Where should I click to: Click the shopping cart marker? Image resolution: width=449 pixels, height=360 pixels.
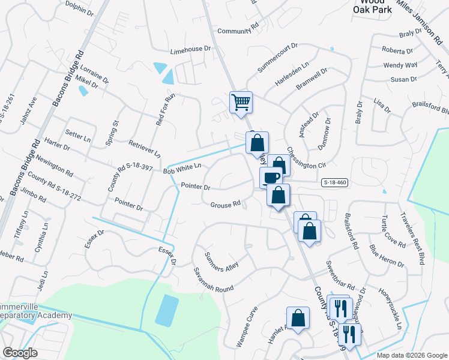(241, 102)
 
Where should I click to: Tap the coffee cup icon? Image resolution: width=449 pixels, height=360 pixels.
(271, 178)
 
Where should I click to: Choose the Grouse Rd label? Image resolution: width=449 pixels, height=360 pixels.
(225, 205)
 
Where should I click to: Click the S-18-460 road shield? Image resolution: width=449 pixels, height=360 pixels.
(334, 182)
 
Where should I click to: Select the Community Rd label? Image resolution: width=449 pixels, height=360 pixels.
(237, 31)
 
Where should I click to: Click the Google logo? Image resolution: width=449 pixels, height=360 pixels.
(20, 353)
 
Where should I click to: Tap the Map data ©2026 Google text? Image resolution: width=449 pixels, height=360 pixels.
(411, 355)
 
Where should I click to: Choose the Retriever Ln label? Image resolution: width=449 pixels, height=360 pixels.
(145, 149)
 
